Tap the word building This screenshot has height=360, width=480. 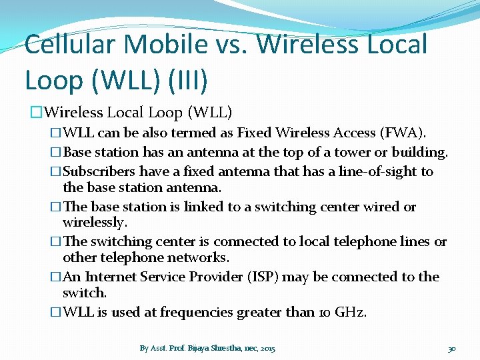419,152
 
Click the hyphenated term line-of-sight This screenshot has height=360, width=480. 372,171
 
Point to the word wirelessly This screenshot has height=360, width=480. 93,221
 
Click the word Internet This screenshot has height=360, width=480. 115,276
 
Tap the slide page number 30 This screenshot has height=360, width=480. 451,348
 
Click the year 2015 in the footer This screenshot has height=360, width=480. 268,348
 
